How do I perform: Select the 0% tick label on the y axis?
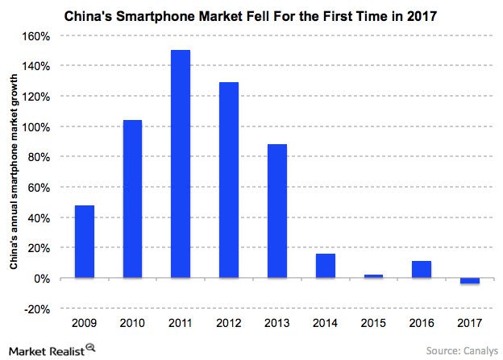point(44,279)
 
